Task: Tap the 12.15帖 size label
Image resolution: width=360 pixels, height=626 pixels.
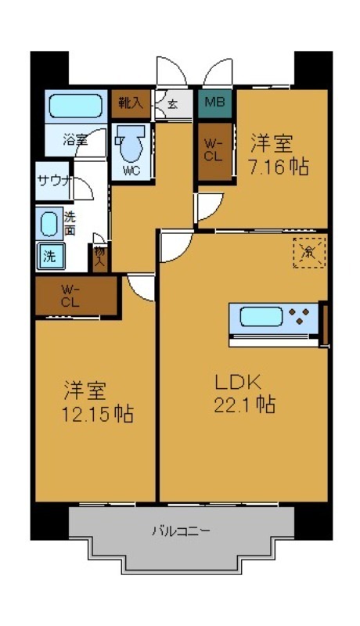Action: (97, 412)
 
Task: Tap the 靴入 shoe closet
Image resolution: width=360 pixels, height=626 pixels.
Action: (129, 102)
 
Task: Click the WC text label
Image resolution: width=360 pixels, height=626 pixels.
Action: (131, 172)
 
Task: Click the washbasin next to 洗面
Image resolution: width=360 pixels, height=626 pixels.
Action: (49, 225)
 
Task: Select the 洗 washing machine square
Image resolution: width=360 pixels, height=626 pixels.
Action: (49, 255)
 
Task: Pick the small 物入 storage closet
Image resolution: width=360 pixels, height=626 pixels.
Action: (100, 255)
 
